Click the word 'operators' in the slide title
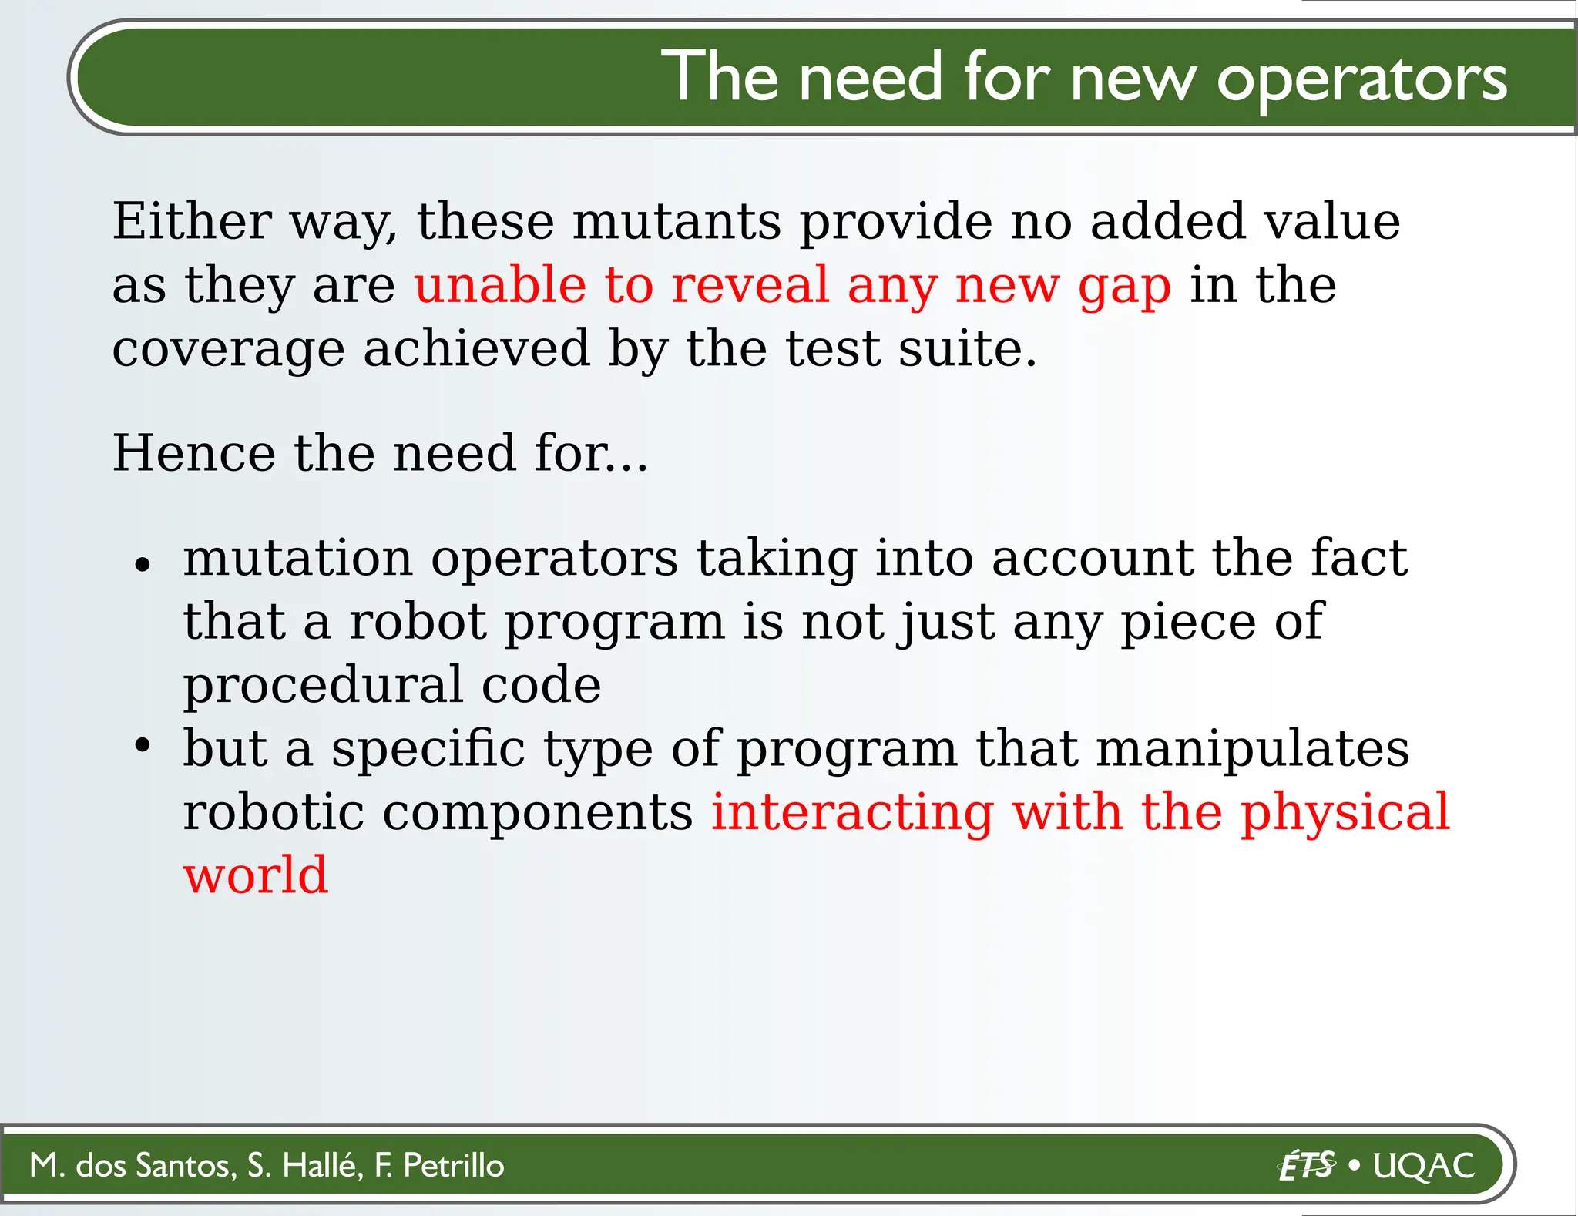pos(1361,79)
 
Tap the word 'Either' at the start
pos(191,222)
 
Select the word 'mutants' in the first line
pos(676,222)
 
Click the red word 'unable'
pos(499,286)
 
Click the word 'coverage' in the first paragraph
pos(228,351)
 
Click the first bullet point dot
pos(142,565)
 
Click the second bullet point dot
pos(142,745)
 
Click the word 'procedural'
pos(323,687)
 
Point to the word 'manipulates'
pos(1253,750)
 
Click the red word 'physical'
pos(1345,814)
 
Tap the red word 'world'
pos(256,876)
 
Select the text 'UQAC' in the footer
pos(1424,1166)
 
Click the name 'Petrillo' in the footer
pos(453,1165)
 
